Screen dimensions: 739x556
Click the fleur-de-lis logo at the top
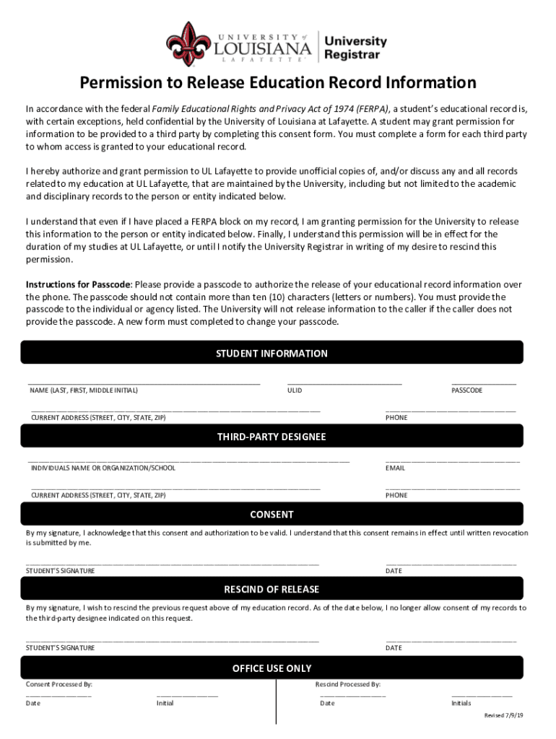click(189, 43)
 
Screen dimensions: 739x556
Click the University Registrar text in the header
click(355, 48)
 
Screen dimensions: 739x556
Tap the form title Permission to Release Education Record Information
click(278, 83)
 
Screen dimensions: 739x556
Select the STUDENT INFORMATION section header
click(272, 354)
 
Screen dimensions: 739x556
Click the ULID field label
click(295, 390)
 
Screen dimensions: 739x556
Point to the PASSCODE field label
click(467, 390)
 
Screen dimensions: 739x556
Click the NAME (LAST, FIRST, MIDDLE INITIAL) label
click(84, 390)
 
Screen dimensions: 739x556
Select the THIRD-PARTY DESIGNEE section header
click(272, 437)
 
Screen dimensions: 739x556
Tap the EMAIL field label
click(396, 468)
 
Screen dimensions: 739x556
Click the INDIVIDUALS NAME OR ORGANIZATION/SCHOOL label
click(103, 468)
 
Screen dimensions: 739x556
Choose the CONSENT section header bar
click(272, 515)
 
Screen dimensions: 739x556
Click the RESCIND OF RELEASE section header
click(272, 590)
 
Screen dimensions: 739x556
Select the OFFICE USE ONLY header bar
click(272, 668)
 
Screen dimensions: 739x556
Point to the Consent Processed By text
click(59, 684)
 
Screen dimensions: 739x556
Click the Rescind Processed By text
click(348, 684)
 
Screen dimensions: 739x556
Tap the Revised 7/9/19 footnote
click(503, 715)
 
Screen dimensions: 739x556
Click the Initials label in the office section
click(461, 703)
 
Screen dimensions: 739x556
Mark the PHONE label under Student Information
click(396, 418)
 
